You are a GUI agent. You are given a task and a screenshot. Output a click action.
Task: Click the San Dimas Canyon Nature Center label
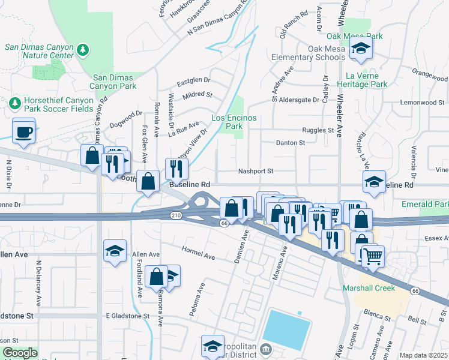(38, 52)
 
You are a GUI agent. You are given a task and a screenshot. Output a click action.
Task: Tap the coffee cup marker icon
(23, 131)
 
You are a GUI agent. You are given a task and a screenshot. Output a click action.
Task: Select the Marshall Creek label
(369, 288)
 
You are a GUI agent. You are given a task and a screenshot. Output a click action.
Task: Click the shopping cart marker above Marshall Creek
(372, 256)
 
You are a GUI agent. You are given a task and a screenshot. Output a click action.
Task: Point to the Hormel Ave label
(199, 252)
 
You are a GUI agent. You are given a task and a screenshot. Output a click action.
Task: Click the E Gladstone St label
(127, 316)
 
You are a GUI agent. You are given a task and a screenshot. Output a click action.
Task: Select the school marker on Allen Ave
(115, 252)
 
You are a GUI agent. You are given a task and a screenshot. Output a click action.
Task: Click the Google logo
(19, 353)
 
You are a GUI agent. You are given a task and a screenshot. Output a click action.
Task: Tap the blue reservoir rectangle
(286, 330)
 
